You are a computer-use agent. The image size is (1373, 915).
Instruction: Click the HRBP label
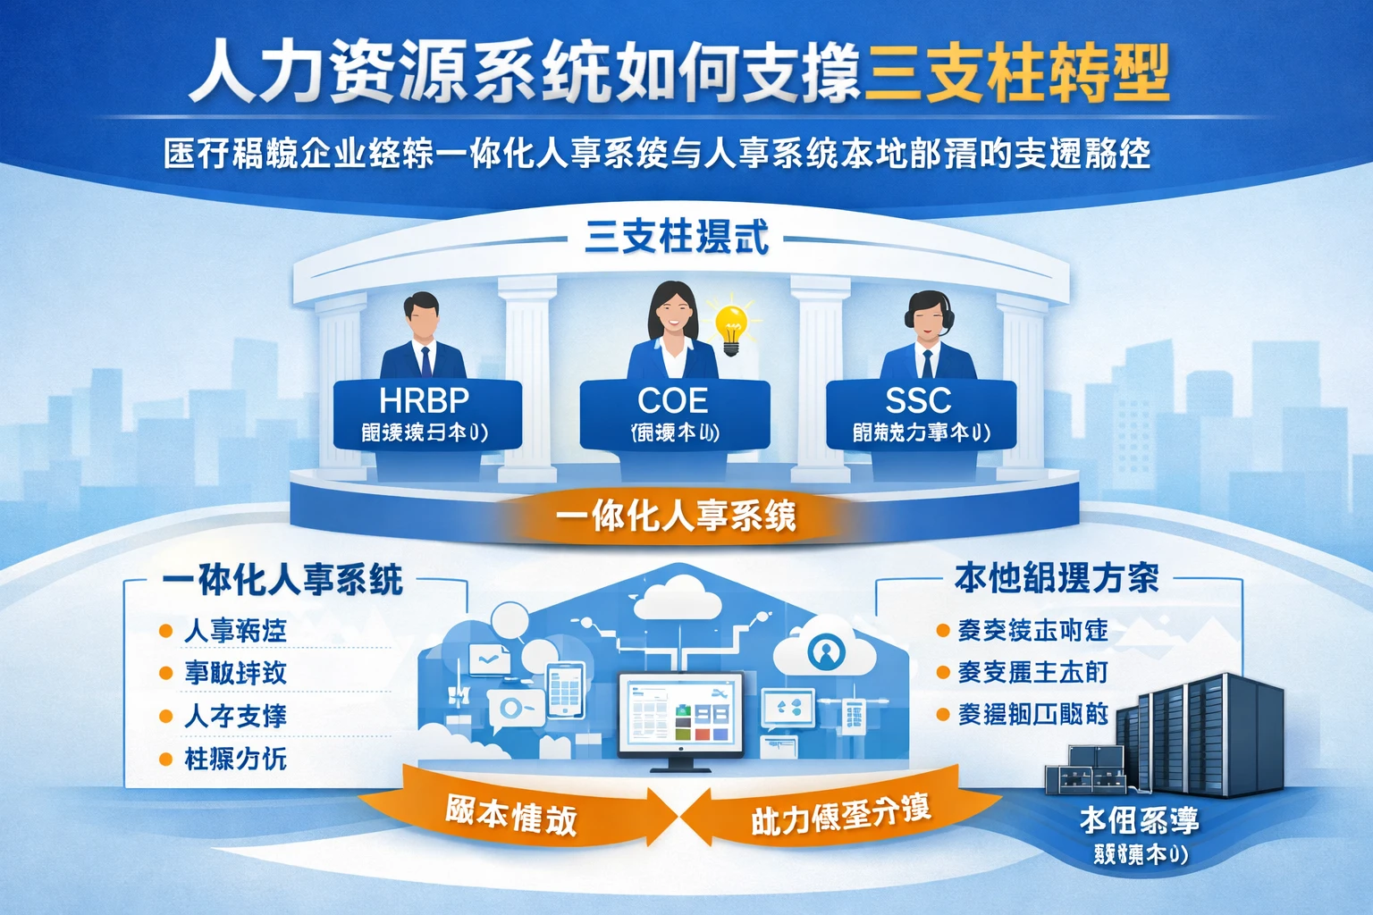(x=424, y=399)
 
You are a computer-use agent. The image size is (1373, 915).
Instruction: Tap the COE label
(x=673, y=399)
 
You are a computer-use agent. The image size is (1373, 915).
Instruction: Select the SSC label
(x=918, y=399)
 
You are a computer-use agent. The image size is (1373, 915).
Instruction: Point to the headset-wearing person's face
(x=929, y=317)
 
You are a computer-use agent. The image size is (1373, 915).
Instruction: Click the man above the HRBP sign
(x=422, y=335)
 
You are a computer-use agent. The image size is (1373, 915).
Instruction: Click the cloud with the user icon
(x=824, y=651)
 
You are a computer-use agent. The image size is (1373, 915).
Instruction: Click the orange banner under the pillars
(x=676, y=516)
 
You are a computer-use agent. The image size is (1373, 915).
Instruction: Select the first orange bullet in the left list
(x=165, y=631)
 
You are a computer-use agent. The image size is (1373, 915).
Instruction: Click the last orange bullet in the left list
(x=165, y=760)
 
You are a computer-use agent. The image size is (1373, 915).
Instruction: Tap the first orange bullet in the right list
(x=942, y=631)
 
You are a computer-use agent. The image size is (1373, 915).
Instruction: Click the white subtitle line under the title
(x=656, y=155)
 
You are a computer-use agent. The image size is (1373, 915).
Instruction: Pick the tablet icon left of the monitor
(x=565, y=689)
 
